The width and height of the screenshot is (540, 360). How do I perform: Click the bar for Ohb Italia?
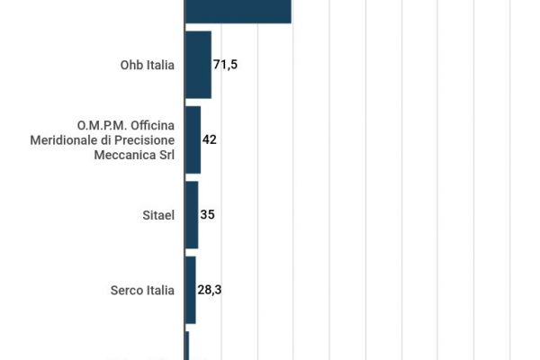coord(198,65)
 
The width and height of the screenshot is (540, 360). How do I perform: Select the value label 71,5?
coord(225,65)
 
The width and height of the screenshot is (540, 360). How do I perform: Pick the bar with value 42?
coord(193,139)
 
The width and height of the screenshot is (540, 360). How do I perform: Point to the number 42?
coord(210,139)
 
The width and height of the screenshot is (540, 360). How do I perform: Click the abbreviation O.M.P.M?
coord(101,124)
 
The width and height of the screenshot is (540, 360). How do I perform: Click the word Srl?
coord(165,155)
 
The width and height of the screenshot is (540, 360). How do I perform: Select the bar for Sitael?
coord(192,215)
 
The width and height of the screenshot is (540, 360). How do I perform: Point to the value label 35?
coord(208,215)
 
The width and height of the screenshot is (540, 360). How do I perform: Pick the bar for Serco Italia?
coord(190,290)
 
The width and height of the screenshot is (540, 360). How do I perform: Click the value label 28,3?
coord(210,290)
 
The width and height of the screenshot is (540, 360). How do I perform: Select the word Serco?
coord(126,290)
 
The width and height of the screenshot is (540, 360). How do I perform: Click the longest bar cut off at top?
coord(238,11)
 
